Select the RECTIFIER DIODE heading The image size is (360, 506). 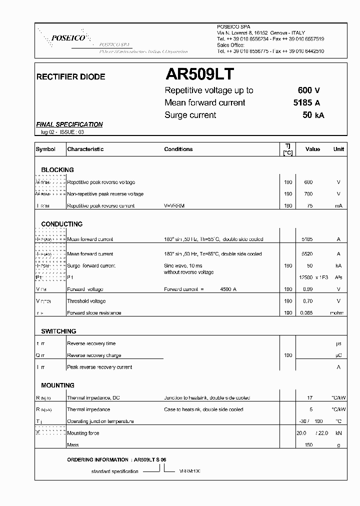(71, 77)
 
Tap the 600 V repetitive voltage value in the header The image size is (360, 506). (308, 90)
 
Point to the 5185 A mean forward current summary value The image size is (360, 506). (306, 102)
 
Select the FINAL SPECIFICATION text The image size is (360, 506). (69, 124)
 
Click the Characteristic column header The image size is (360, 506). (85, 149)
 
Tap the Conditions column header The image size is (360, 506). (178, 149)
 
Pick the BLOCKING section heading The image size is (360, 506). (57, 170)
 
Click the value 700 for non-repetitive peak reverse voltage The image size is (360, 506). (308, 194)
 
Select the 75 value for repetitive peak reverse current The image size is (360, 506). (309, 205)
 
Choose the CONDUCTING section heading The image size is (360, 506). (62, 224)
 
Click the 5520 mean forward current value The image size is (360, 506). (308, 253)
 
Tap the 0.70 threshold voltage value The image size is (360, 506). (308, 301)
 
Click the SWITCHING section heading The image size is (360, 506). (58, 331)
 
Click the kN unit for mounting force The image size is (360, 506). (338, 433)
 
